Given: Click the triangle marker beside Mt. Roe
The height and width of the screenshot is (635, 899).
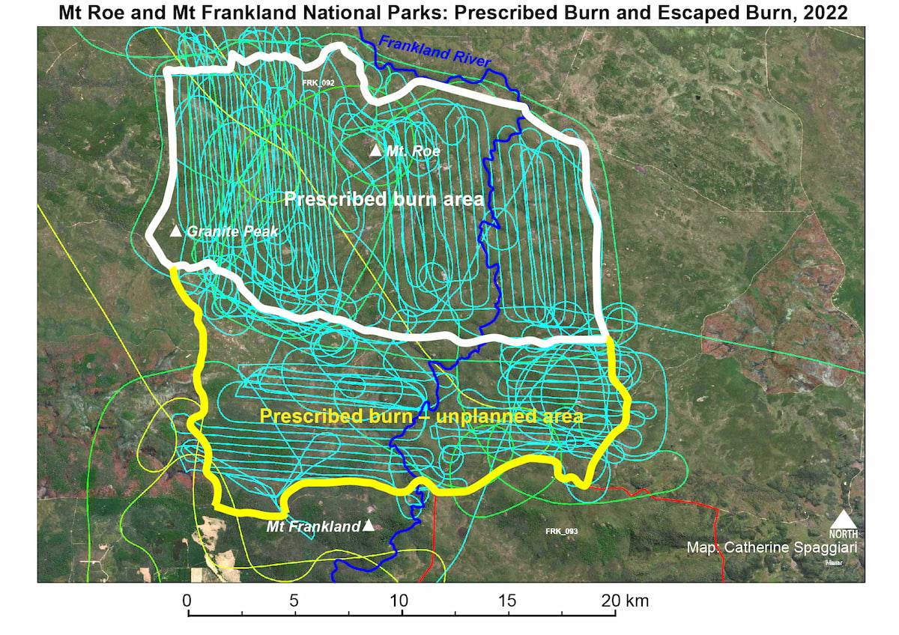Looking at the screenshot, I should tap(376, 150).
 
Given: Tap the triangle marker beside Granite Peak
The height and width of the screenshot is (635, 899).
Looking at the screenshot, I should tap(176, 231).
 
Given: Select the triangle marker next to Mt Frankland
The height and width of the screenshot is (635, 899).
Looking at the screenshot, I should tap(368, 526).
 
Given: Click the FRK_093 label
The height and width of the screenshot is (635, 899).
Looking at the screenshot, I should tap(562, 531).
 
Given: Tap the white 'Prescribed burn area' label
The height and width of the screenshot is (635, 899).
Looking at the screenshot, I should tap(384, 199).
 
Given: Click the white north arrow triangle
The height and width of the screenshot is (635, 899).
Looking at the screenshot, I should tap(844, 520).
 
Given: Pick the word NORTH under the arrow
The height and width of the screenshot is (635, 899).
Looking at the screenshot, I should tap(844, 534).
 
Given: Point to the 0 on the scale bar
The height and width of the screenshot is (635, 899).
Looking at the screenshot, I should tap(187, 600).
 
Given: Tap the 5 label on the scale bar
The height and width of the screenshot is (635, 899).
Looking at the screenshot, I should tap(294, 600).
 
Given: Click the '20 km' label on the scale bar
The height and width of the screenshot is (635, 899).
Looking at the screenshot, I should tap(625, 600).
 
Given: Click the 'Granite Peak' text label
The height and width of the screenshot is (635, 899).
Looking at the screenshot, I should tap(232, 231).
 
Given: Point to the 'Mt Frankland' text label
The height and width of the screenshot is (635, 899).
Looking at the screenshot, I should tap(313, 527).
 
